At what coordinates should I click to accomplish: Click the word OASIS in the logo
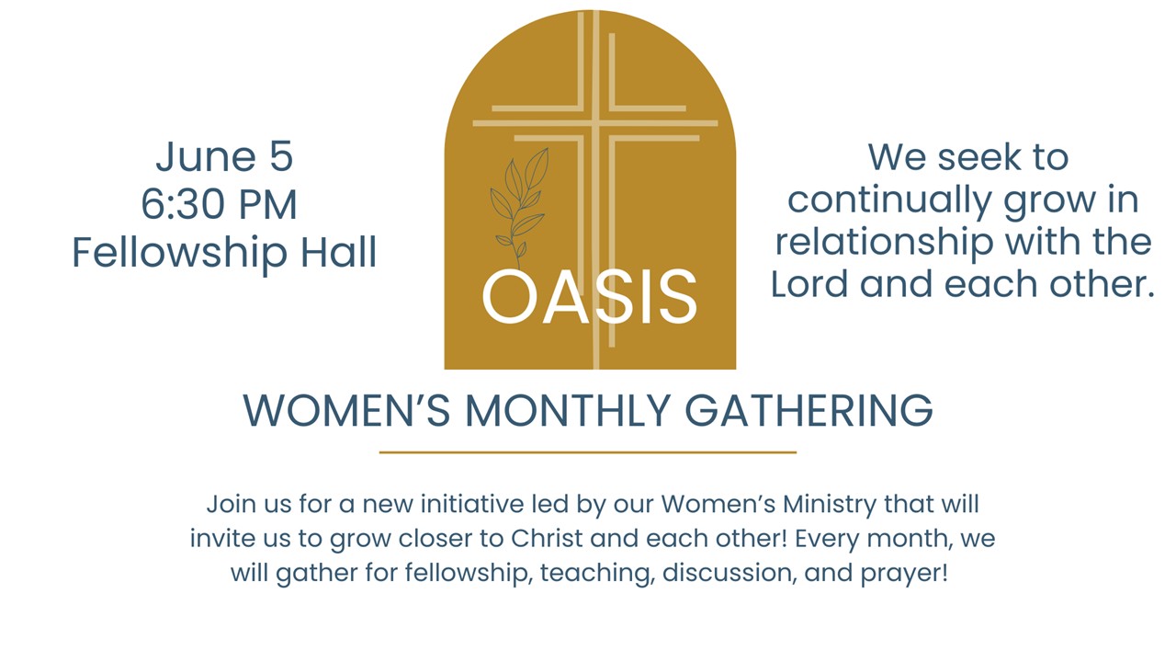click(590, 297)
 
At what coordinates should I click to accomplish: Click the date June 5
click(224, 156)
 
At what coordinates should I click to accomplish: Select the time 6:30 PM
click(220, 204)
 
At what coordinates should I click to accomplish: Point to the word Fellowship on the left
click(179, 254)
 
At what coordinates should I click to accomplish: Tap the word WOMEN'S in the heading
click(346, 410)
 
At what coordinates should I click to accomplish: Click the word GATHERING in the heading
click(809, 410)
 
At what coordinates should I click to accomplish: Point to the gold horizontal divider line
click(588, 451)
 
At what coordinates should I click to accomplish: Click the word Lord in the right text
click(809, 284)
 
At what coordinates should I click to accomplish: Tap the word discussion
click(729, 572)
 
